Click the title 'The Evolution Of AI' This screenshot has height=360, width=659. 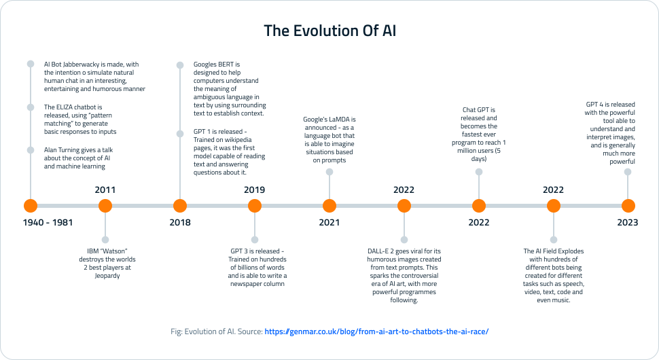(x=329, y=31)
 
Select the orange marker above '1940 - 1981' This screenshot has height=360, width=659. (x=30, y=206)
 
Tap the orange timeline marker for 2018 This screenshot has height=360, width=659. (x=179, y=206)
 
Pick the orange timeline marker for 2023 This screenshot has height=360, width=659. (x=628, y=206)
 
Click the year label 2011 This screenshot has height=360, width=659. (x=105, y=190)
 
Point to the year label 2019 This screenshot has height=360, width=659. (x=254, y=190)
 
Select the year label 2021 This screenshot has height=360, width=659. (x=329, y=222)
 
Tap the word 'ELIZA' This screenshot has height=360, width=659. (x=66, y=107)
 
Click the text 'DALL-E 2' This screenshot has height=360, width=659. (x=382, y=251)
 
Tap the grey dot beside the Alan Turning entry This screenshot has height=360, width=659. (x=30, y=150)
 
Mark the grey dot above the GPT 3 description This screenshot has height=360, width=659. (x=254, y=239)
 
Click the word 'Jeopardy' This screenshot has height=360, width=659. (x=105, y=276)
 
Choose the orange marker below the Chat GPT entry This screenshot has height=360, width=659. (x=478, y=206)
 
